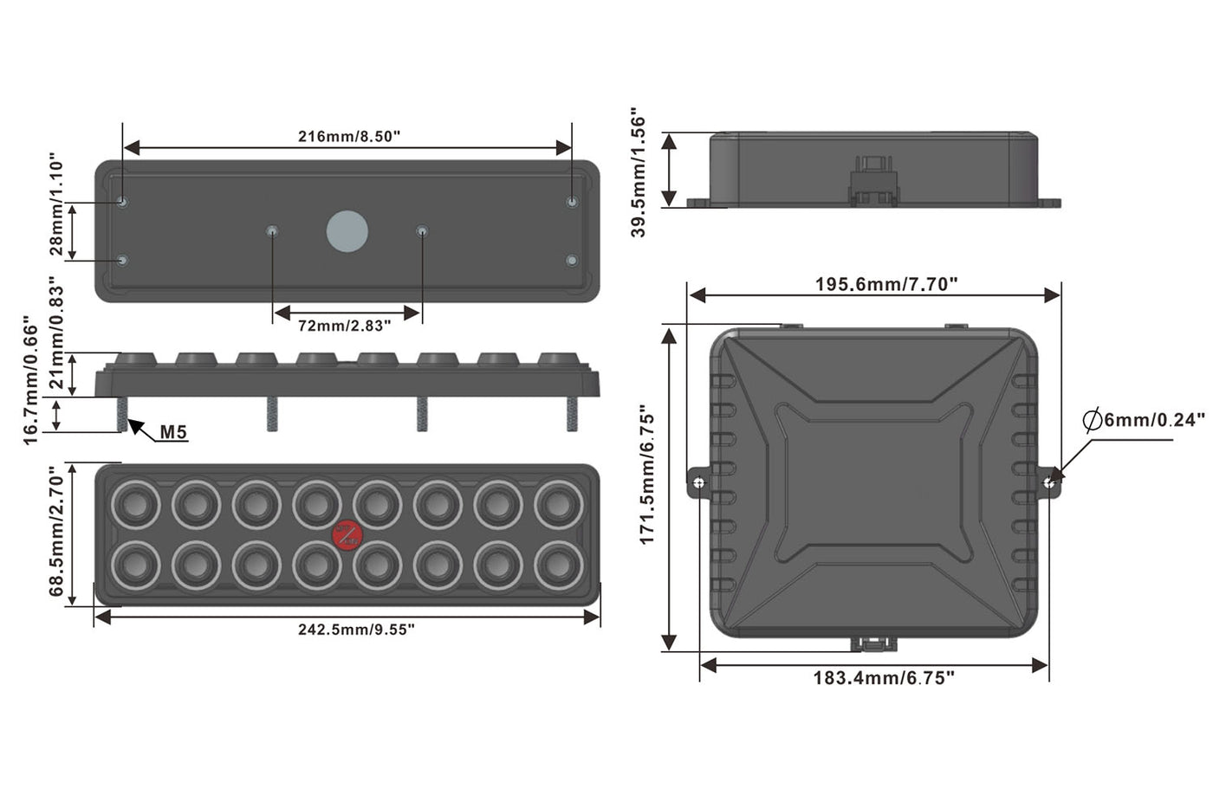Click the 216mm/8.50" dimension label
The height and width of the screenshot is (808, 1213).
(x=348, y=136)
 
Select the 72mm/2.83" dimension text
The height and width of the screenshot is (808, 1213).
(x=344, y=326)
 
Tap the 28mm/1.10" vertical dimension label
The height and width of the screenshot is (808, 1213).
(x=56, y=205)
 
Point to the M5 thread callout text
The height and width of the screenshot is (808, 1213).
(x=173, y=432)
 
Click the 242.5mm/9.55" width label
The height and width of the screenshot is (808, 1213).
(x=356, y=630)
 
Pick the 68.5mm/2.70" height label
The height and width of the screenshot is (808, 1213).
(x=56, y=531)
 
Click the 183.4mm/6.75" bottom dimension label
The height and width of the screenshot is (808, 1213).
(x=883, y=678)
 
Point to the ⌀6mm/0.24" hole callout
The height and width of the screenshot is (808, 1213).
(x=1144, y=421)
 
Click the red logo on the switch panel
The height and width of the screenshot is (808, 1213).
(x=347, y=534)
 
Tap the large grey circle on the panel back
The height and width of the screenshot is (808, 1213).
(x=347, y=232)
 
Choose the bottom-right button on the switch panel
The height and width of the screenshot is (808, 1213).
(x=558, y=566)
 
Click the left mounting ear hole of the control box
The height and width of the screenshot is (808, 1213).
(x=698, y=482)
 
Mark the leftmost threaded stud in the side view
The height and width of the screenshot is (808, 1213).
(x=121, y=414)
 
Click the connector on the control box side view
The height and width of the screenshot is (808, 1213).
(x=873, y=181)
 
